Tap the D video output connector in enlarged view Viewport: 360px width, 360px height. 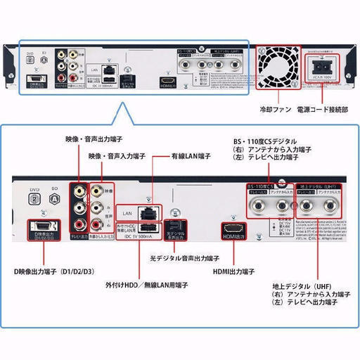point(41,226)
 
